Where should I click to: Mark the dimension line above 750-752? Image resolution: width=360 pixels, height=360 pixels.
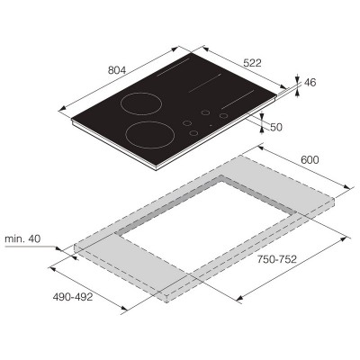(x=288, y=270)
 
